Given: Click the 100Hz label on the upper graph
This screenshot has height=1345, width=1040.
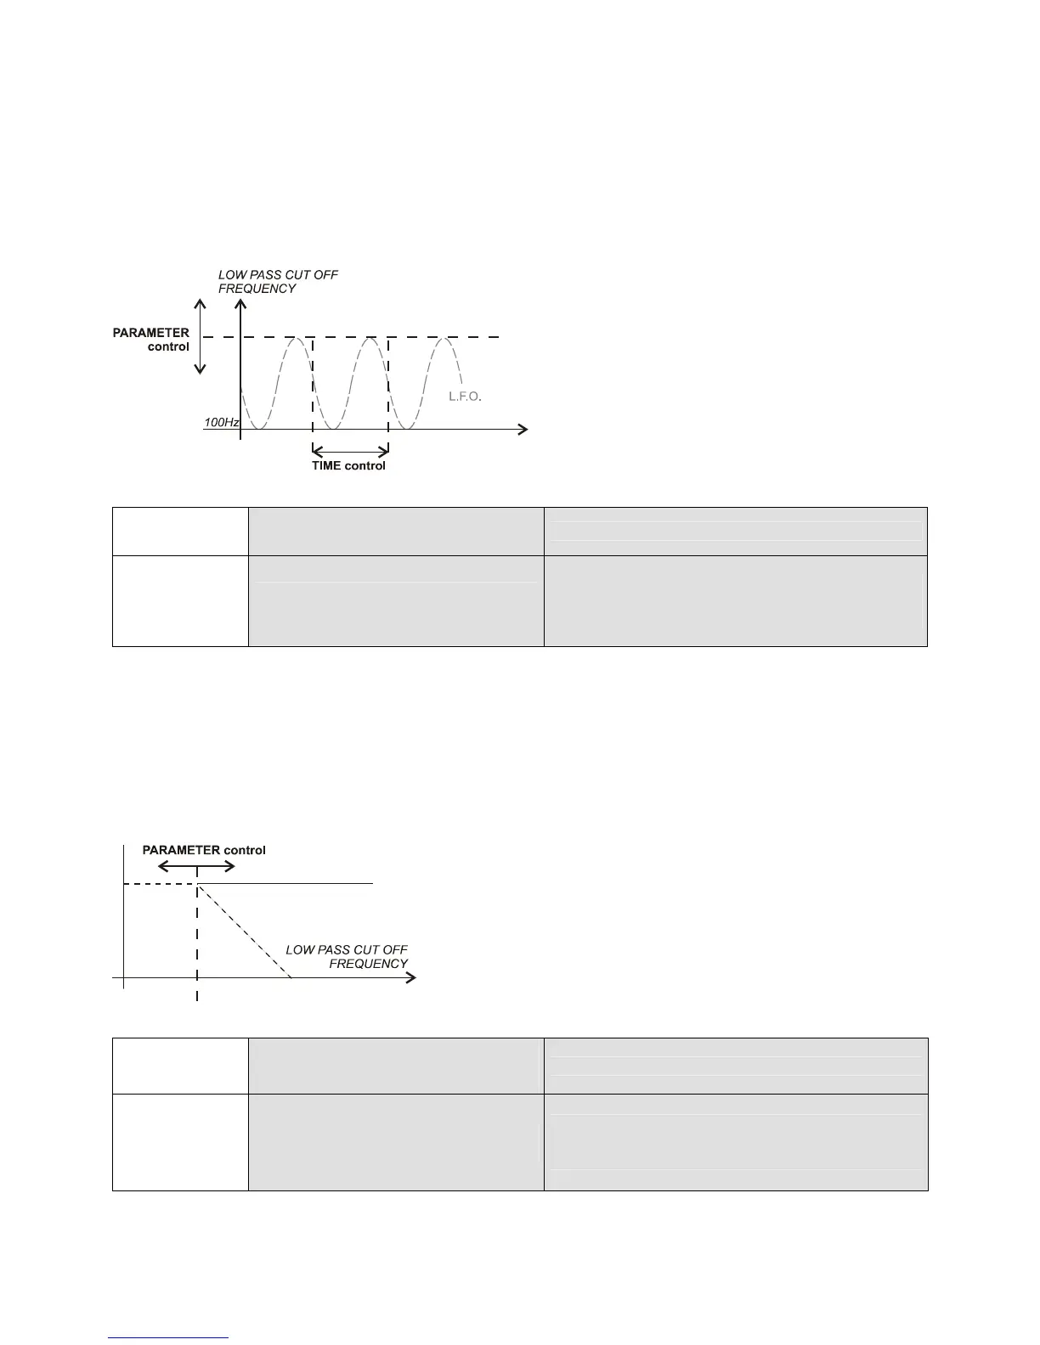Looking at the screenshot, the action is [221, 422].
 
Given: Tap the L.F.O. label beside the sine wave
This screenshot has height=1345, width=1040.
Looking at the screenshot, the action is [465, 397].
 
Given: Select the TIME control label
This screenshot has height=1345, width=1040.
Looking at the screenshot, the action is [348, 465].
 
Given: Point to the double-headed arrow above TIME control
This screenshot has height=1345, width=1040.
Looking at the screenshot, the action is [350, 449].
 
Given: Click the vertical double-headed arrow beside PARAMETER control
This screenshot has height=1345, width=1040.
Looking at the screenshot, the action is [201, 336].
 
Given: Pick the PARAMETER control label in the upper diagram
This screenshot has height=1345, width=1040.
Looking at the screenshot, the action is [151, 340].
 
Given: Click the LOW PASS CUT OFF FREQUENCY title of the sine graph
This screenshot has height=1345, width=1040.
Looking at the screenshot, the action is [278, 282].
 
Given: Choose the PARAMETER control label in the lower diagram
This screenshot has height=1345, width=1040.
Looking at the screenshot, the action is [204, 850].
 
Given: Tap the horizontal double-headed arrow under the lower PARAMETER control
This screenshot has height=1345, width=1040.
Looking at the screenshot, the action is [197, 866].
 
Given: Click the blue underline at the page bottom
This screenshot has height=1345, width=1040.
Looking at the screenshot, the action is [169, 1338].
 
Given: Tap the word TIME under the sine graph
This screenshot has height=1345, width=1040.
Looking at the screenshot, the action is [327, 465].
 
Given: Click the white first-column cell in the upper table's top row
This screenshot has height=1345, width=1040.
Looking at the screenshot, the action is [180, 532].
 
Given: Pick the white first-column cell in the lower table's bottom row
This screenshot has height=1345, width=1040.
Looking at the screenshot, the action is [180, 1142].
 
